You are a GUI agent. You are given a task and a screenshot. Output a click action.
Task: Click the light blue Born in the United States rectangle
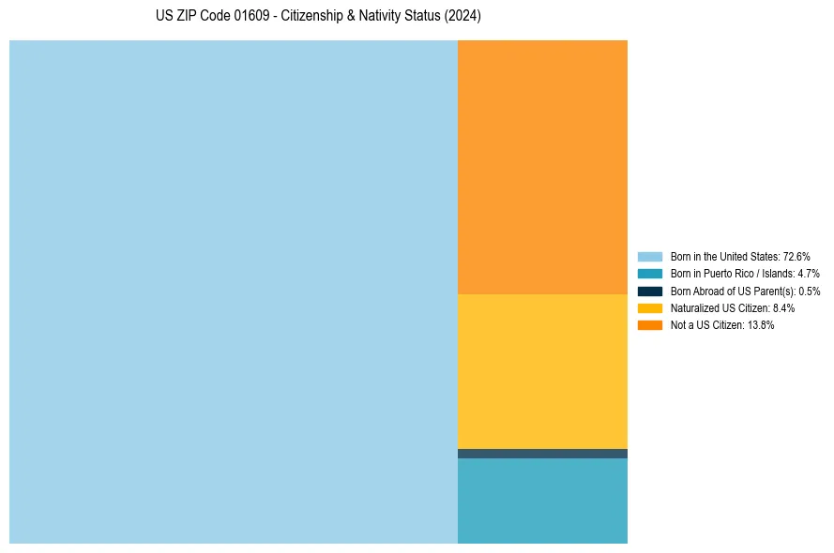tap(233, 291)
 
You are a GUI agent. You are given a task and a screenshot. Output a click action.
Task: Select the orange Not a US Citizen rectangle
tap(542, 167)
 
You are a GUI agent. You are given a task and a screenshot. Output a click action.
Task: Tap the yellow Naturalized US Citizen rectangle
tap(542, 371)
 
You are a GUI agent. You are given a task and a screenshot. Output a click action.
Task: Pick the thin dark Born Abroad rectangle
tap(542, 454)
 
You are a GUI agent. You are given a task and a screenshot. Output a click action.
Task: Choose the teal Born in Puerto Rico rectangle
tap(542, 501)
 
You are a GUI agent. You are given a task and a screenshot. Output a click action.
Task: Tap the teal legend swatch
tap(650, 274)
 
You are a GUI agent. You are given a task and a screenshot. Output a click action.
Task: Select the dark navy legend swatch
tap(650, 291)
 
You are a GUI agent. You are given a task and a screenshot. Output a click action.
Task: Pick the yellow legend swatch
tap(650, 308)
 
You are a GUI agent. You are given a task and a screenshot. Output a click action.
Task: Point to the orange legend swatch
tap(650, 325)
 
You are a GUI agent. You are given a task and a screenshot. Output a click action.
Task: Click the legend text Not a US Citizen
tap(707, 325)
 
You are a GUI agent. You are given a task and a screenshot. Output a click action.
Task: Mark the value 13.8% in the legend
tap(761, 325)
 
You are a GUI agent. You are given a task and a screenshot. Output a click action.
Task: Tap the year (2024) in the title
tap(461, 17)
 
